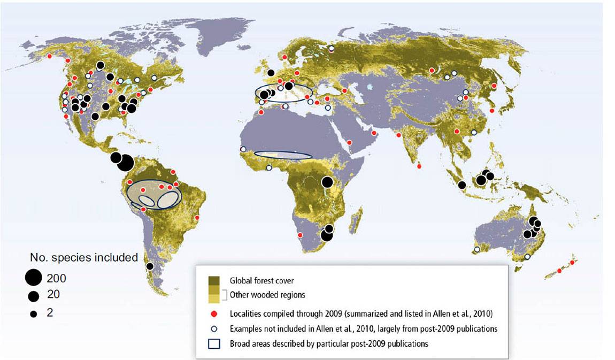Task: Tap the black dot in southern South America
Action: point(150,266)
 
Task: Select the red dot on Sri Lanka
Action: point(419,166)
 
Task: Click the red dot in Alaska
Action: point(50,56)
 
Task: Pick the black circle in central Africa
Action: point(327,182)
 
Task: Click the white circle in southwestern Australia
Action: point(477,249)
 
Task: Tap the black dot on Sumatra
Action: point(462,185)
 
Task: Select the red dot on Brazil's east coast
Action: point(197,218)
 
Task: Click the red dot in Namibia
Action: point(300,235)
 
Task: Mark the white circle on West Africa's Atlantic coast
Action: point(243,149)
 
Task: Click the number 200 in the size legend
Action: point(57,278)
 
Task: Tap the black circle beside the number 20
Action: point(34,296)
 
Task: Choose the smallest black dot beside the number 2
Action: point(33,314)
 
